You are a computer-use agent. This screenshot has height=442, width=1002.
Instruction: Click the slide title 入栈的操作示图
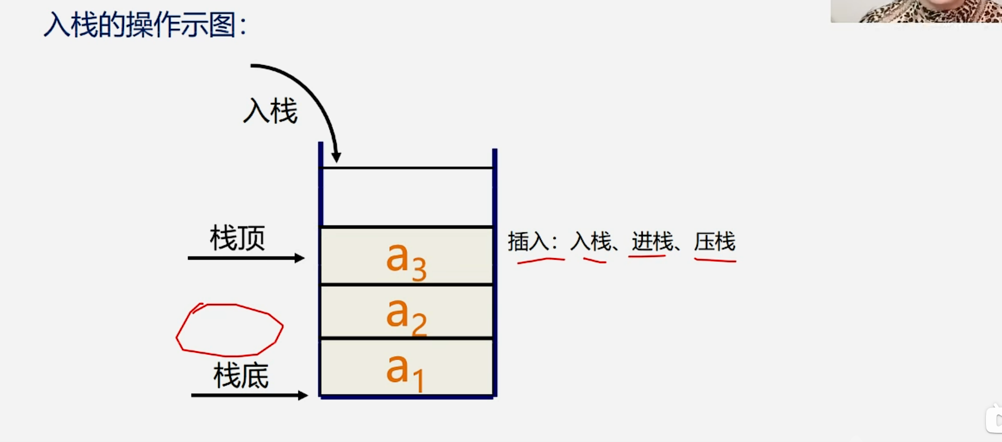coord(145,25)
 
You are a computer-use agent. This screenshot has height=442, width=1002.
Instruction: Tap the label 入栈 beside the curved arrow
coord(270,111)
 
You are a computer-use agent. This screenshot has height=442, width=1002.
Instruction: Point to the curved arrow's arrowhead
coord(337,156)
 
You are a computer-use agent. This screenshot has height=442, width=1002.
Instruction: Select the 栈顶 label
coord(237,238)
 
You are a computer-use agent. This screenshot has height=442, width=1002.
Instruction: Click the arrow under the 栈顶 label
coord(246,258)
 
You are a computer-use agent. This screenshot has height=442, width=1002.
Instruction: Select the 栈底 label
coord(241,376)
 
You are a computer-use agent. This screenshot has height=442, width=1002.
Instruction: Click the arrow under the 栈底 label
coord(249,395)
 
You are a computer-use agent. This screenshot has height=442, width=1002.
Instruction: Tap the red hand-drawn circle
coord(230,329)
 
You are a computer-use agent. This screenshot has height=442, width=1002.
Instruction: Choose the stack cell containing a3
coord(406,256)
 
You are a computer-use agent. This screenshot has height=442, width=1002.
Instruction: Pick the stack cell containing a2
coord(406,312)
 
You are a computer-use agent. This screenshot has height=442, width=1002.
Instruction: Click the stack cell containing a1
coord(406,367)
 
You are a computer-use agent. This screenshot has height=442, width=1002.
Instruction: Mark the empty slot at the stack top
coord(406,197)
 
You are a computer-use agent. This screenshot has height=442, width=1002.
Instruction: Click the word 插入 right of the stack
coord(528,242)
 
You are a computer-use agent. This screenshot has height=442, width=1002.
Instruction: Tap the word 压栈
coord(715,242)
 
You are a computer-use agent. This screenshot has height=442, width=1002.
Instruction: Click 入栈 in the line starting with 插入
coord(591,242)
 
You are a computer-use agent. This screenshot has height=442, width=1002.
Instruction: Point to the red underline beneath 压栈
coord(715,261)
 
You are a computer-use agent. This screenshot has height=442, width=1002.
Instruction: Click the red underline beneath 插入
coord(541,260)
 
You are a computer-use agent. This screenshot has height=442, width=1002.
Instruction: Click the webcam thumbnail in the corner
coord(916,11)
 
